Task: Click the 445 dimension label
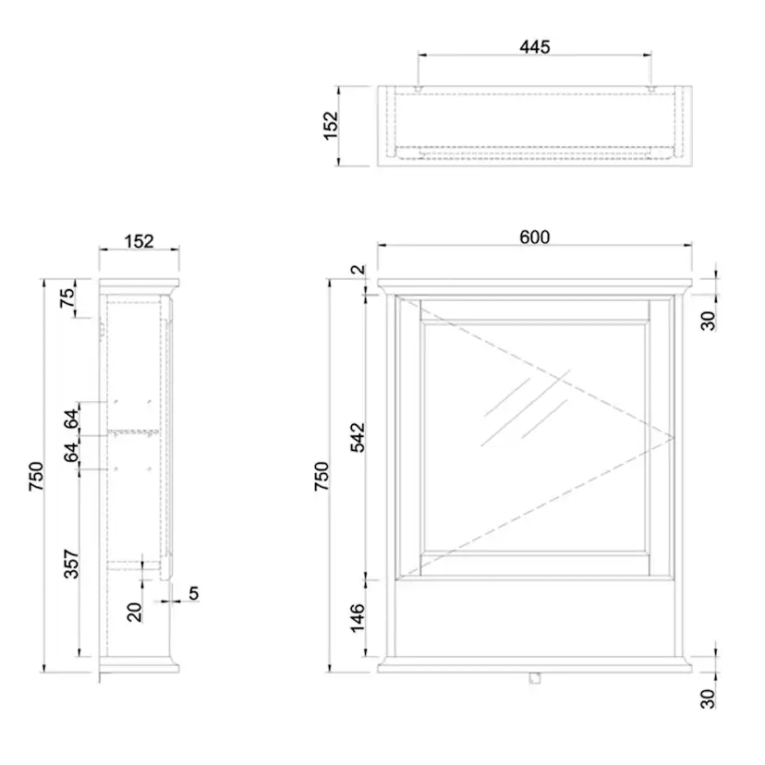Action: click(x=535, y=47)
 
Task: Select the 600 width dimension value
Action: click(x=535, y=237)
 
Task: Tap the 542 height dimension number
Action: click(x=358, y=438)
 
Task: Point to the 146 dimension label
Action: click(x=358, y=618)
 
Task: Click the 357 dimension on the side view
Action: click(x=71, y=564)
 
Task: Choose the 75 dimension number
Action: click(x=67, y=297)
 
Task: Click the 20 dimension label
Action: click(x=134, y=613)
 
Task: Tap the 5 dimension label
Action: click(x=194, y=593)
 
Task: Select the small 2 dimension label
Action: click(x=358, y=269)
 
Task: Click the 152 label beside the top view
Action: click(x=331, y=126)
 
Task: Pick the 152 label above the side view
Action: click(x=139, y=241)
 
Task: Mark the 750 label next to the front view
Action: click(x=322, y=476)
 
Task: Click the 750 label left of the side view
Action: click(x=37, y=477)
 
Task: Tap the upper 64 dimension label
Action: click(x=71, y=419)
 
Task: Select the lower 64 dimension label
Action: click(x=71, y=453)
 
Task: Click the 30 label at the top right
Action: click(x=708, y=321)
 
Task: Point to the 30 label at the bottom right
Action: click(x=708, y=698)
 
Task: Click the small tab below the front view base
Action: click(x=535, y=678)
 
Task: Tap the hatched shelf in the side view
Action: click(x=133, y=432)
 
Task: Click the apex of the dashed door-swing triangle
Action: click(x=674, y=438)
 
